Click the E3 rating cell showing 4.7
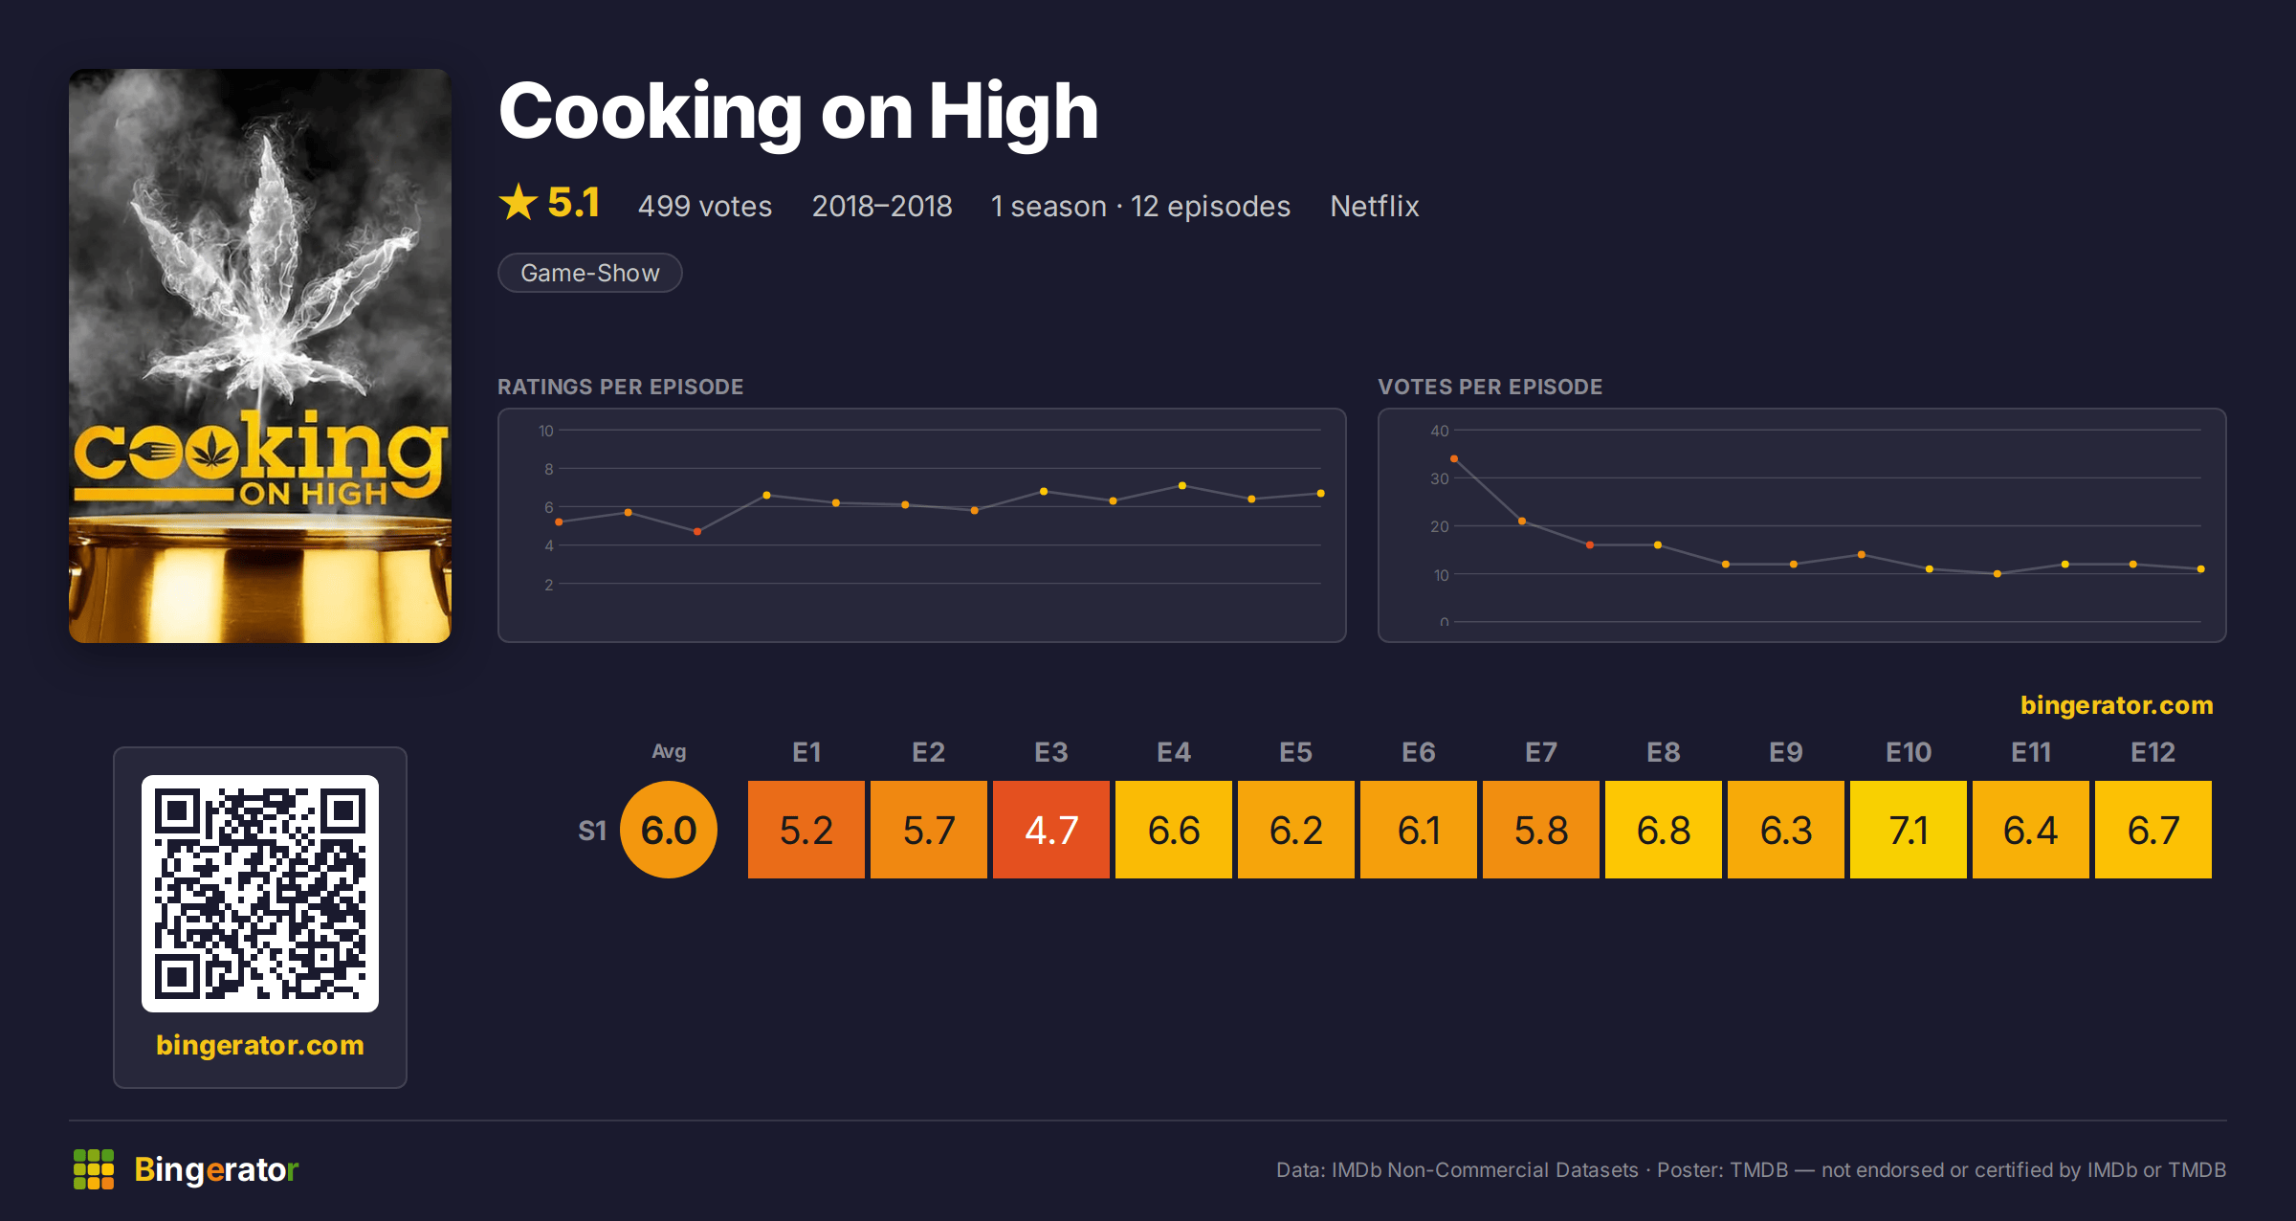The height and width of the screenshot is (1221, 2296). pos(1050,830)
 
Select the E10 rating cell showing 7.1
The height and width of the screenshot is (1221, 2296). pos(1908,830)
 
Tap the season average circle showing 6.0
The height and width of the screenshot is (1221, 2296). pos(669,830)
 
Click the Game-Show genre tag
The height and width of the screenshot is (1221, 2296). pos(590,273)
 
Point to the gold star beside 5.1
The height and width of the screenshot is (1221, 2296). pos(519,202)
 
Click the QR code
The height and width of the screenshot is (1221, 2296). pos(260,894)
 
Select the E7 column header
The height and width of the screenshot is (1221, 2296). pos(1540,752)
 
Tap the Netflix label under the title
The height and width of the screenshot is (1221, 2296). pos(1374,206)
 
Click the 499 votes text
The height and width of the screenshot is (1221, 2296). pos(705,206)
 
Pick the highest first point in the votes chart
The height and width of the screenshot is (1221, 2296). pos(1454,459)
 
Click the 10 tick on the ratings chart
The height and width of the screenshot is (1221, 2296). pos(546,431)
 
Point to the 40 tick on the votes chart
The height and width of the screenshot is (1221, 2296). pos(1440,431)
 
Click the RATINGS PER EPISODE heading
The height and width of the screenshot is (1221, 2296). pos(620,387)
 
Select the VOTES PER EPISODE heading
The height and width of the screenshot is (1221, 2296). pos(1490,387)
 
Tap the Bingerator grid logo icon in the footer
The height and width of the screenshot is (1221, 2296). pos(94,1169)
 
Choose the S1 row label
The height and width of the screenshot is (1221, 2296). pos(592,831)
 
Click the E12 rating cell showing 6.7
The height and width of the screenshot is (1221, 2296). pos(2152,830)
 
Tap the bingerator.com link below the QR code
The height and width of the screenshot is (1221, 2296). pos(260,1045)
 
